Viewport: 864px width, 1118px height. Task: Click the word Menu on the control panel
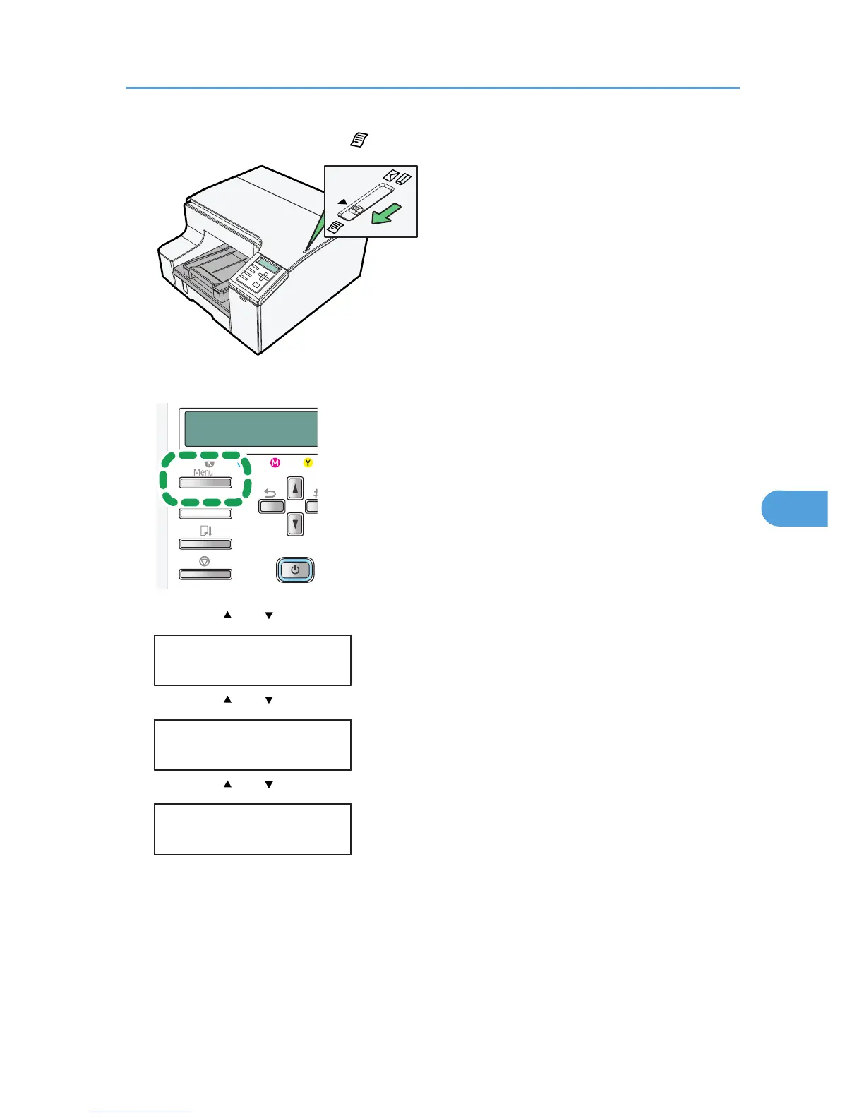tap(203, 472)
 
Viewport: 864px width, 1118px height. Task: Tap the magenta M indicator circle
tap(275, 462)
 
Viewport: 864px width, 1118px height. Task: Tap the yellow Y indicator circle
tap(308, 462)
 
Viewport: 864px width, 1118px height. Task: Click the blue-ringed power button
tap(295, 570)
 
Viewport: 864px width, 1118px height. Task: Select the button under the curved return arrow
tap(272, 506)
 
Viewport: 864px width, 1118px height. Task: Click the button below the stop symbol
tap(205, 575)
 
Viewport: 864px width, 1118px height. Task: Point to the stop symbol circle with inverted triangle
tap(205, 561)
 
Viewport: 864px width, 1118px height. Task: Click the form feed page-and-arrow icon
tap(206, 530)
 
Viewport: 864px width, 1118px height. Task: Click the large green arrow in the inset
tap(386, 213)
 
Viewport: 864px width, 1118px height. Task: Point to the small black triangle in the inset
tap(342, 201)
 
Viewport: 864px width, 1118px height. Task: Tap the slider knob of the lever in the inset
tap(356, 210)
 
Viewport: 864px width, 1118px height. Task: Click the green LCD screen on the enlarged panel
tap(251, 429)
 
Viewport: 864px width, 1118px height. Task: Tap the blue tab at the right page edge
tap(794, 508)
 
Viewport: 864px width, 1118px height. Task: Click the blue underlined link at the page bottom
tap(140, 1112)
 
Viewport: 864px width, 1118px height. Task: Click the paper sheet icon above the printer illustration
tap(359, 140)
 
